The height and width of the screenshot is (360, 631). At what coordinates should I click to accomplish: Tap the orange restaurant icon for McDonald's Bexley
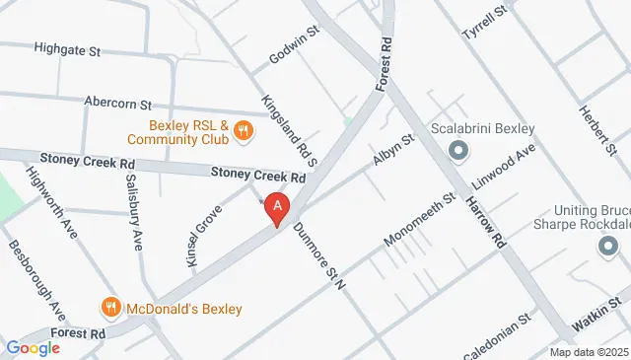point(111,308)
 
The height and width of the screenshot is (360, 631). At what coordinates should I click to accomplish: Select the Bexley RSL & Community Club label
point(188,132)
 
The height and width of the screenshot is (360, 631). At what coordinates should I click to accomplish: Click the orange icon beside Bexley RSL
point(245,128)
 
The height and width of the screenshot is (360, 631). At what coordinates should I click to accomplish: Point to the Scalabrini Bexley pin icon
point(457,151)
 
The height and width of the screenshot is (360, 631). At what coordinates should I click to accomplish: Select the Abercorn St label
point(117,104)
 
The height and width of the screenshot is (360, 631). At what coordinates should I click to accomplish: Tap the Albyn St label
point(393,150)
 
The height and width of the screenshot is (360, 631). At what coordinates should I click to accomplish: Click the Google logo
point(34,347)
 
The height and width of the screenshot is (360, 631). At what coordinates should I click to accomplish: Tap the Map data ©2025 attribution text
point(589,352)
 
